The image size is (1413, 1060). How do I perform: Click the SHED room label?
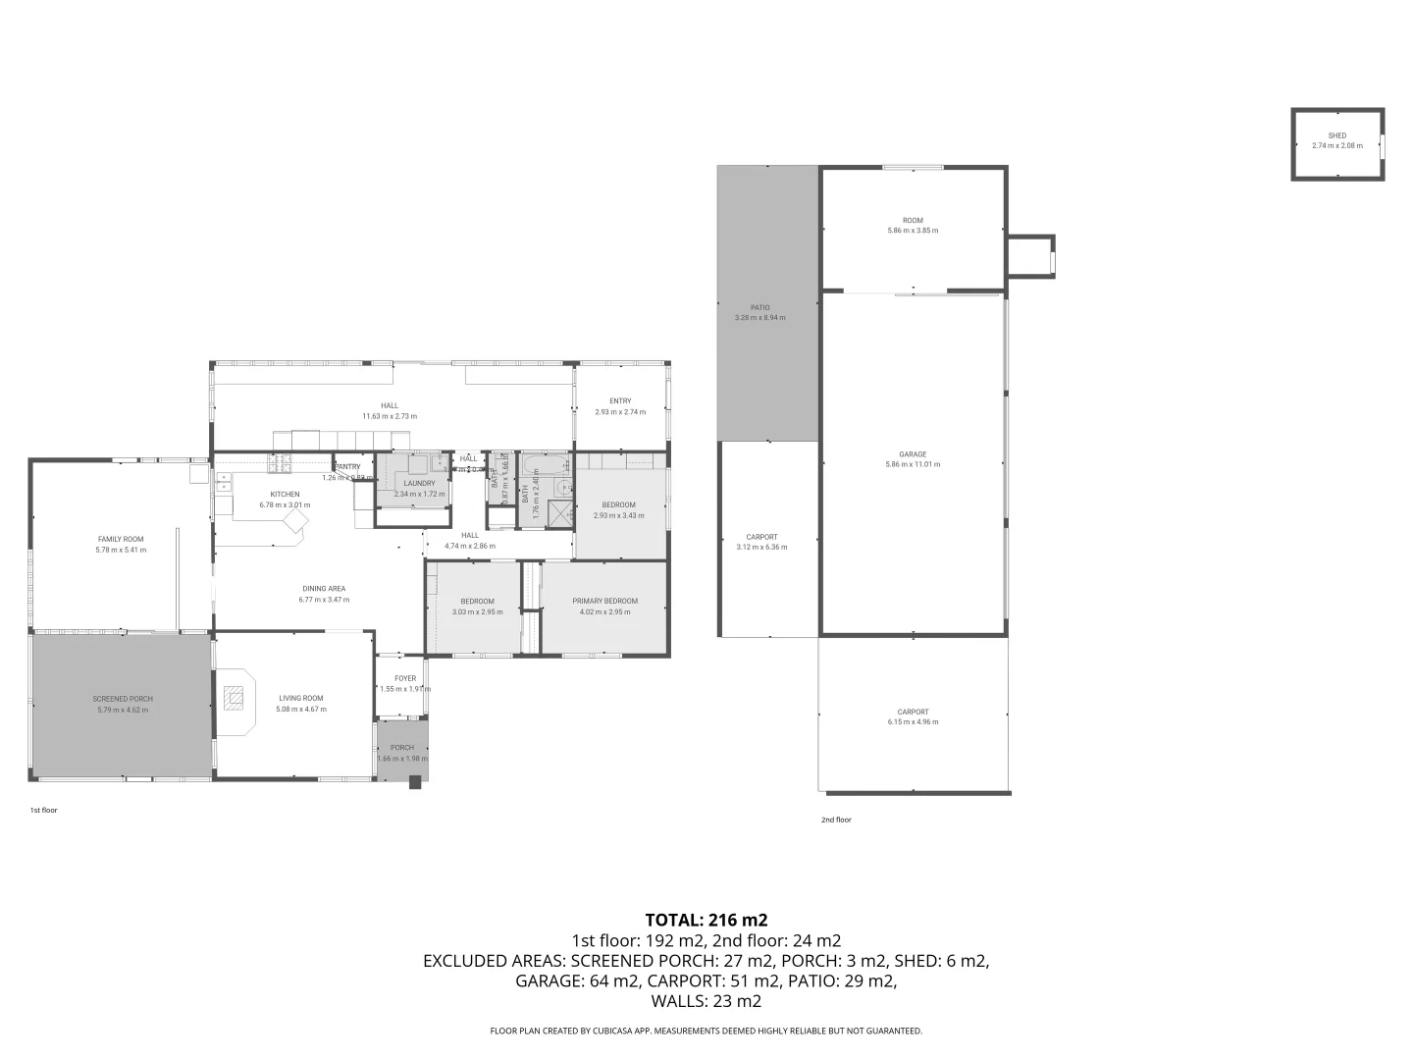tap(1336, 135)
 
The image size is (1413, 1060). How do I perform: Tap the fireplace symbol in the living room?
tap(234, 698)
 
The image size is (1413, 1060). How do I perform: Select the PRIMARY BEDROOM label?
tap(604, 601)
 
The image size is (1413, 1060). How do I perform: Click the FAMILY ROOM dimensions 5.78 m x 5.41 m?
tap(121, 550)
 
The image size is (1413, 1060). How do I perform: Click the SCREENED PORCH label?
tap(123, 699)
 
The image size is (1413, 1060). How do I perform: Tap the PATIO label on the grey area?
tap(759, 307)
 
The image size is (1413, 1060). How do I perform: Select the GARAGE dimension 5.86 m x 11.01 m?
tap(913, 464)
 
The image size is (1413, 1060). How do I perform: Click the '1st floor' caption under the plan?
tap(43, 811)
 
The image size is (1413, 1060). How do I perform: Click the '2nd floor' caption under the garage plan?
tap(836, 820)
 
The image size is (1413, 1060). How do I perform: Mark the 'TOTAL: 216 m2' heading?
tap(706, 920)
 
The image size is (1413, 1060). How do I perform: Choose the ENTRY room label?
tap(620, 400)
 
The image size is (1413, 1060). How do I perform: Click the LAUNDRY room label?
tap(419, 483)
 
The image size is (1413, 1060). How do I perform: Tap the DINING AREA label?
tap(323, 589)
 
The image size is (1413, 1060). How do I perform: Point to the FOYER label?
tap(405, 678)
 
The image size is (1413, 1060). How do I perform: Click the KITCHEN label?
tap(285, 494)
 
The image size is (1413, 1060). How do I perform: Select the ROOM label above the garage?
tap(913, 220)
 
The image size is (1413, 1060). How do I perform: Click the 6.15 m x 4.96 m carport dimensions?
tap(913, 722)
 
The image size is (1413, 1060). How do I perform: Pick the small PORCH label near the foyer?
tap(401, 747)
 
